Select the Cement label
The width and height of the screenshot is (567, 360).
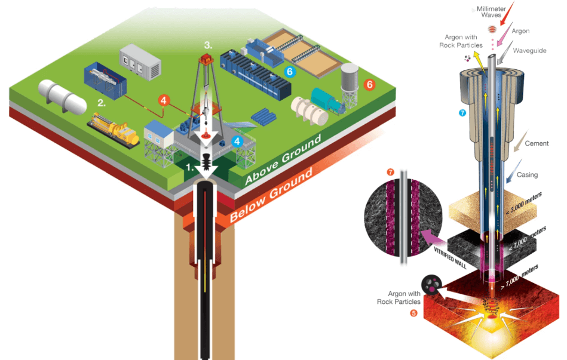click(x=536, y=143)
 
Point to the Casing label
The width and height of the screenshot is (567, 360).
click(x=527, y=175)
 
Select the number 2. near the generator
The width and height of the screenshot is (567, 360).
click(x=102, y=103)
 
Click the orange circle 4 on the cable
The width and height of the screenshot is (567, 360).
click(x=163, y=101)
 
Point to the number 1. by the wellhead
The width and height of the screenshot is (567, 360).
click(x=189, y=168)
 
